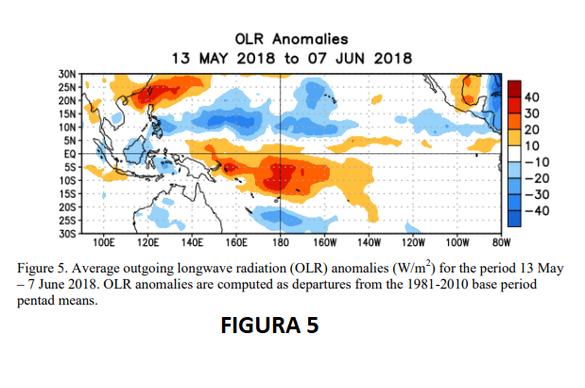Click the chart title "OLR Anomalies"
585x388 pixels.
click(291, 39)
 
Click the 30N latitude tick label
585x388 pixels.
click(67, 73)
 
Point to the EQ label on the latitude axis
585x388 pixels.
click(69, 152)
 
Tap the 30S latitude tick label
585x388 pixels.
click(67, 232)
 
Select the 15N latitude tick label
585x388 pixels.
click(67, 113)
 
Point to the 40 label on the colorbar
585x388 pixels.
click(530, 97)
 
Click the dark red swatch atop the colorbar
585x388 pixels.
click(511, 89)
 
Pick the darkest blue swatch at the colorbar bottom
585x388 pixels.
click(511, 217)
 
